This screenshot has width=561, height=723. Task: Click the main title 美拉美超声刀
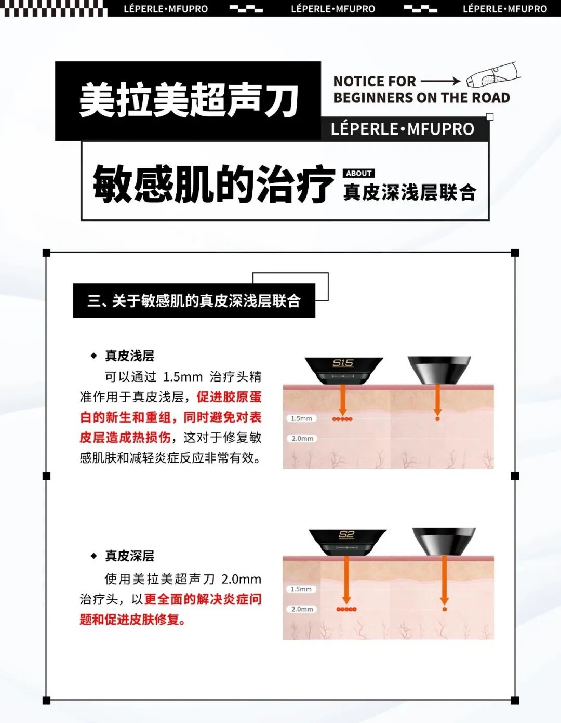189,100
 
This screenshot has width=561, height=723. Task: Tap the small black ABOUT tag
358,173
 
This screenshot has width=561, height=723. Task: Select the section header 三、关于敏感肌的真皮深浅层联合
194,301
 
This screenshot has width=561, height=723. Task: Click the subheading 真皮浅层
130,356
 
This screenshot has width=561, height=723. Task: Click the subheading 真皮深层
130,556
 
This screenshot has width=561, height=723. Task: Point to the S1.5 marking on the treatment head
343,363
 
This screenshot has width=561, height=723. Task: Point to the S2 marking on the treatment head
346,534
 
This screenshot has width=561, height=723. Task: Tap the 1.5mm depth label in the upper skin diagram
301,418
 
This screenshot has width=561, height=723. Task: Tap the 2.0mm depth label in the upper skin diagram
302,439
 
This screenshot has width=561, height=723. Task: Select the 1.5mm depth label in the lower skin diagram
301,589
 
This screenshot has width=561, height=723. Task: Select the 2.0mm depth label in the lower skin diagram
302,609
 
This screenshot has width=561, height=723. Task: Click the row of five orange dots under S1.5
342,419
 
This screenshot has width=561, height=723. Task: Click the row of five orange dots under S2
346,609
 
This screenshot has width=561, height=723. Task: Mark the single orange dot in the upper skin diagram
437,418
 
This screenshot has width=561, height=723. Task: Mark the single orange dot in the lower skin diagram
444,609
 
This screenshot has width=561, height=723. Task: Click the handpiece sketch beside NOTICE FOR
493,75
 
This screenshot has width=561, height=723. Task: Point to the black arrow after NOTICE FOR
440,81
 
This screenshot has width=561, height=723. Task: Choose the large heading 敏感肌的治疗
213,183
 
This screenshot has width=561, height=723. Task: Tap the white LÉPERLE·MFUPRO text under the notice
403,129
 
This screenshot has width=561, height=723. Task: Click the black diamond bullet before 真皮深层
94,556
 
